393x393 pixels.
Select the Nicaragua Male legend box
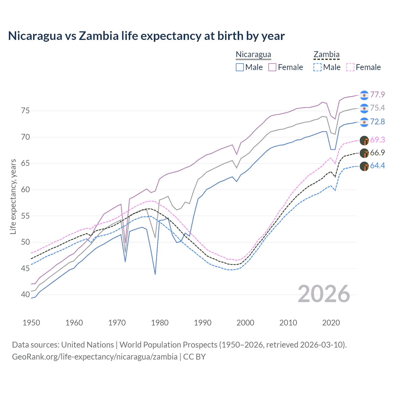240,67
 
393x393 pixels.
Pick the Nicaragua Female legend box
272,67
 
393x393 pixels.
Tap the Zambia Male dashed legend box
317,67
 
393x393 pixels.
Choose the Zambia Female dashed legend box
350,67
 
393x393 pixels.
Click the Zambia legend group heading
326,55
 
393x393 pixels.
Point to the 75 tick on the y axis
25,111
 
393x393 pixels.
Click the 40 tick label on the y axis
25,294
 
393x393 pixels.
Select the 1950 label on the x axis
31,323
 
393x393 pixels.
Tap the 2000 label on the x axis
245,323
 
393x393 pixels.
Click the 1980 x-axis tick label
160,323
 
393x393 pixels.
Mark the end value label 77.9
377,95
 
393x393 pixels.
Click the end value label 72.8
377,122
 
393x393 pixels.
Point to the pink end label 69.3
377,140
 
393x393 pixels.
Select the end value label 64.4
377,166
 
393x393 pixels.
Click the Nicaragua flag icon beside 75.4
364,108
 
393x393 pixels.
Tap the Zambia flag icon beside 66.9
364,153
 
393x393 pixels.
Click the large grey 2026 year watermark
324,294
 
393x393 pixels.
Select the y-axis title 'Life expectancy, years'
13,196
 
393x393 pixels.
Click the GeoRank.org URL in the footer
95,357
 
